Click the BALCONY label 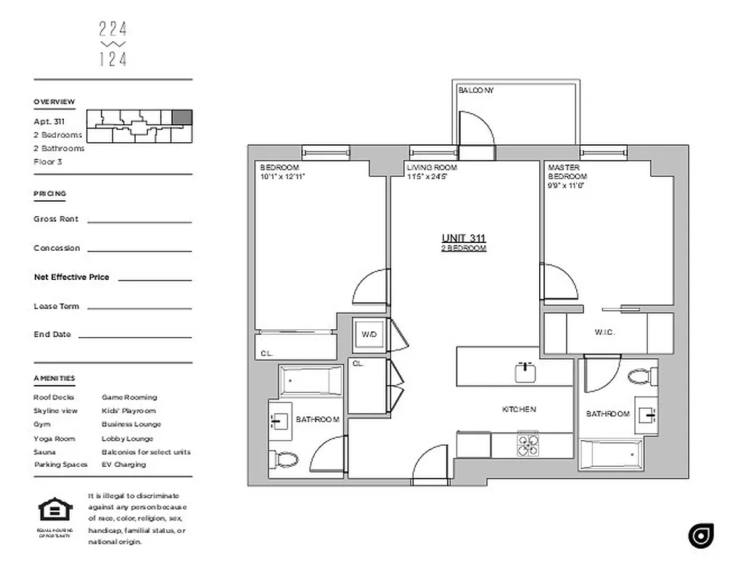pyautogui.click(x=475, y=91)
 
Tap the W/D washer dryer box pyautogui.click(x=369, y=334)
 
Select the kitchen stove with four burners pyautogui.click(x=528, y=443)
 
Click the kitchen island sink pyautogui.click(x=526, y=373)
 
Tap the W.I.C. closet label pyautogui.click(x=604, y=333)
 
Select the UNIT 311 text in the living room pyautogui.click(x=464, y=238)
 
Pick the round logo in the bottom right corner pyautogui.click(x=701, y=535)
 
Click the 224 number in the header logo pyautogui.click(x=112, y=29)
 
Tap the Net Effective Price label pyautogui.click(x=71, y=277)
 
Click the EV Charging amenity pyautogui.click(x=123, y=465)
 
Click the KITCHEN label pyautogui.click(x=519, y=410)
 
